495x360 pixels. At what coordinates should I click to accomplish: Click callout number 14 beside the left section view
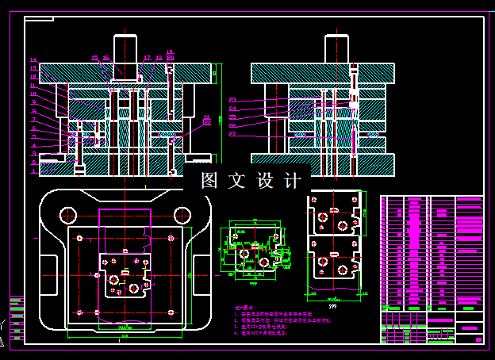33,60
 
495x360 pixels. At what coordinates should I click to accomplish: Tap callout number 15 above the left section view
94,58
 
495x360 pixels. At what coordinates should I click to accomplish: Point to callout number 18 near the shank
159,58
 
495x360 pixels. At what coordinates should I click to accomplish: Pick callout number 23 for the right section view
232,100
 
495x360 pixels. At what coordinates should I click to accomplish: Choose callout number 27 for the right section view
232,133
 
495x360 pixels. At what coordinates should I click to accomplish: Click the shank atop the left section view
126,49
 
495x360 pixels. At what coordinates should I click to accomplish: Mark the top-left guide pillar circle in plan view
68,213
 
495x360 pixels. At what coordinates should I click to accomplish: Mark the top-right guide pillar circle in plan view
182,213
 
